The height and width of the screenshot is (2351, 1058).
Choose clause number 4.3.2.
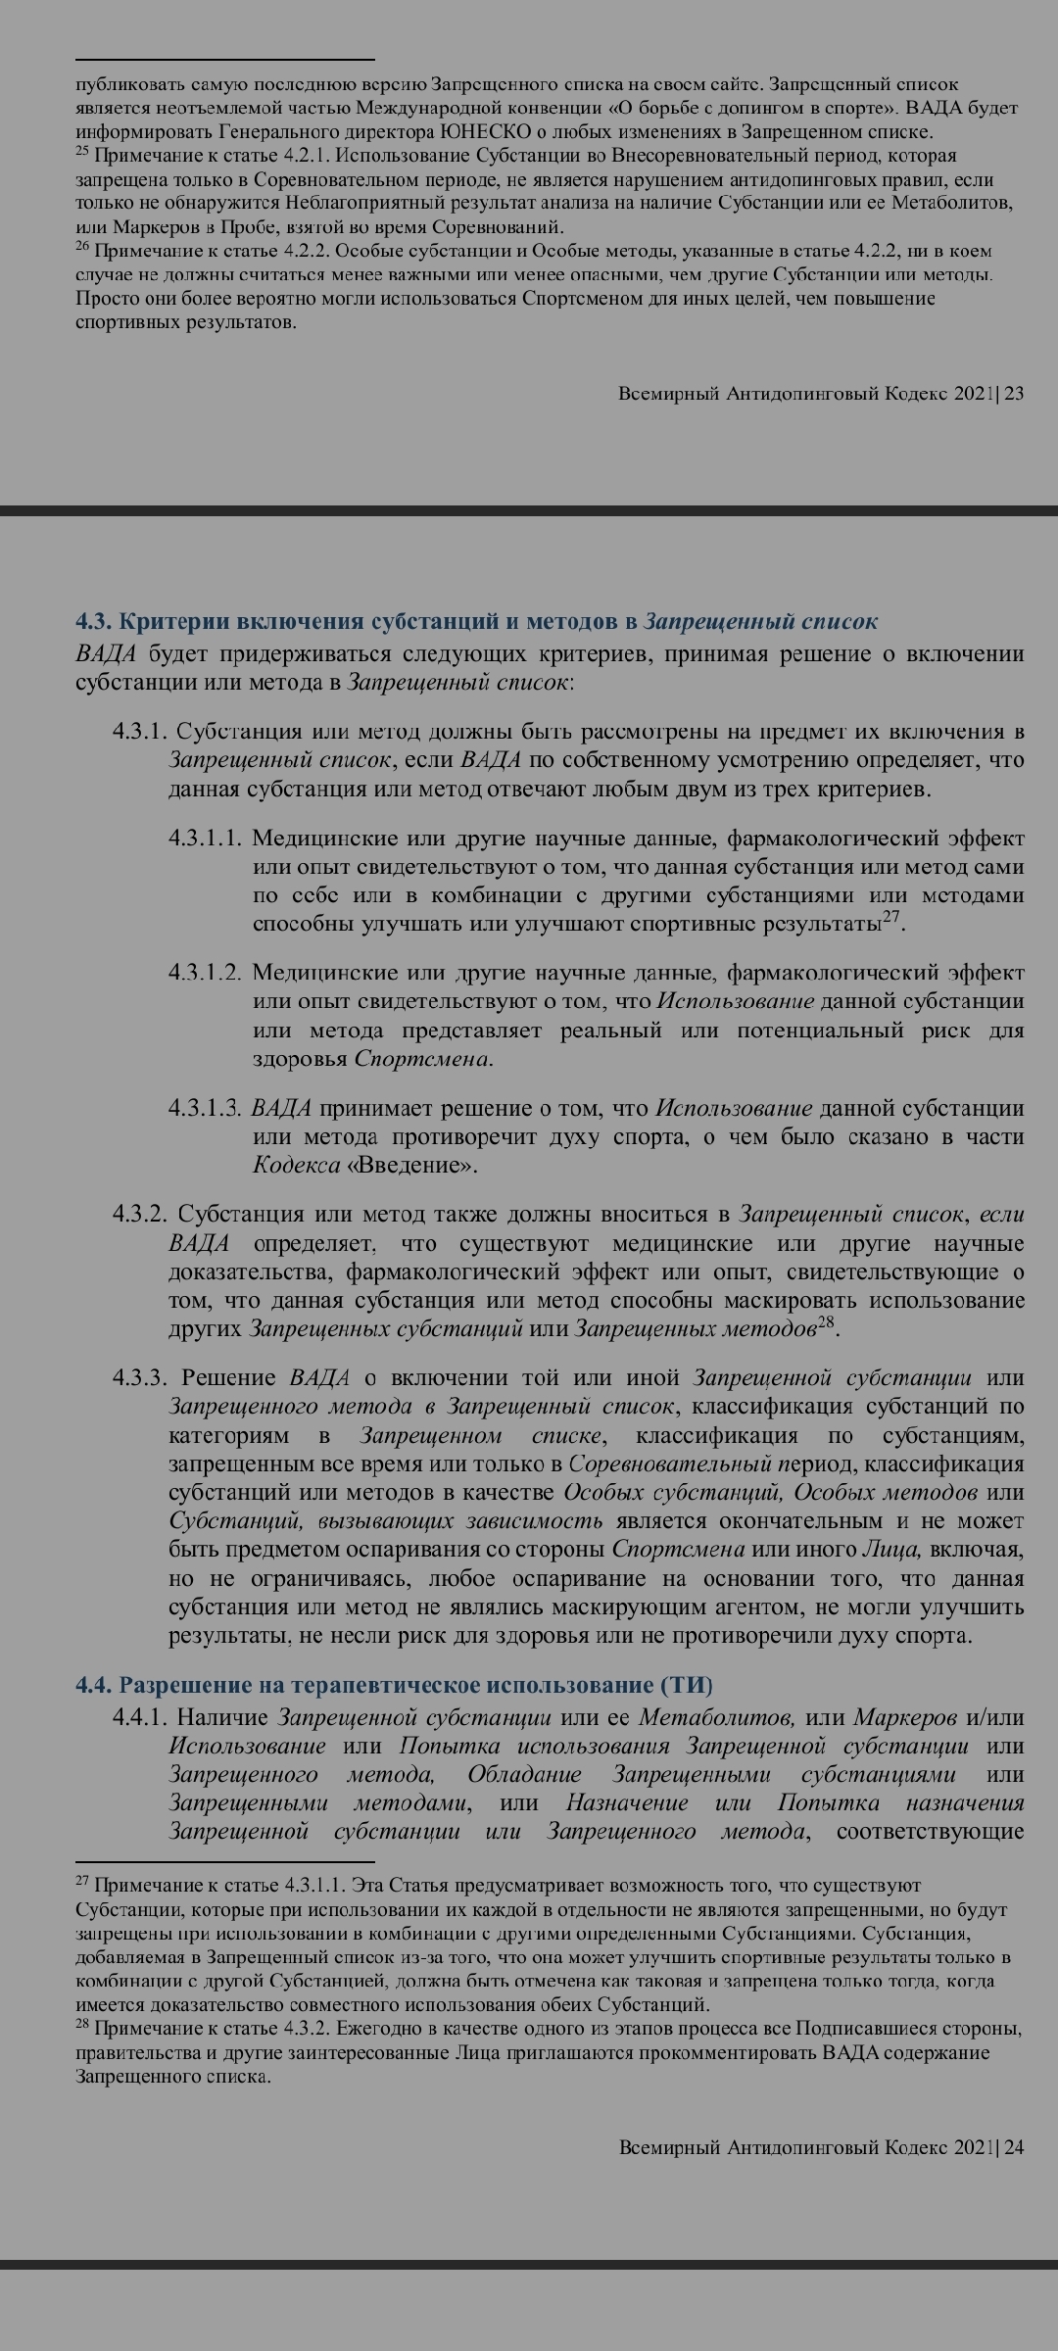(x=140, y=1215)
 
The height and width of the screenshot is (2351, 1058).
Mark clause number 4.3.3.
(x=140, y=1378)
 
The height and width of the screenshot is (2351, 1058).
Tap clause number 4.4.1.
(x=140, y=1717)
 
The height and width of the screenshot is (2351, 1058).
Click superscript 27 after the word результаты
(x=891, y=917)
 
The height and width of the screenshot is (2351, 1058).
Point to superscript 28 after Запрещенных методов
(x=828, y=1322)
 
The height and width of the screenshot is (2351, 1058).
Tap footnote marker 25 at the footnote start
(x=81, y=153)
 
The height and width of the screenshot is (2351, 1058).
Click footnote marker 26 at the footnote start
(x=81, y=249)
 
